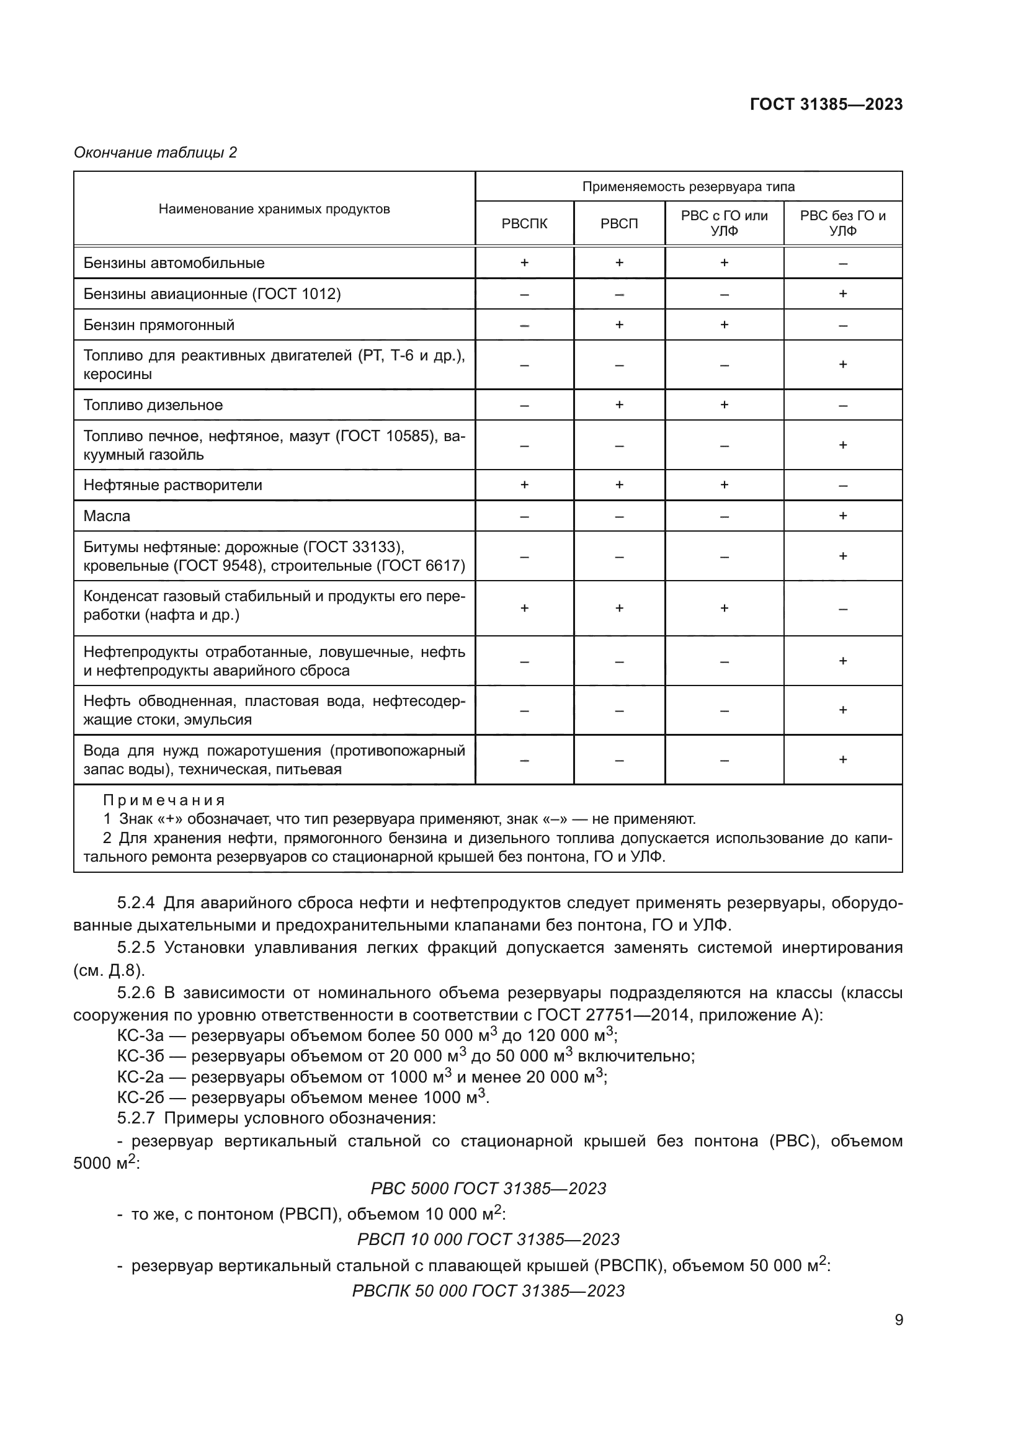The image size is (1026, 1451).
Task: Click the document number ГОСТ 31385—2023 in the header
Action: click(x=826, y=104)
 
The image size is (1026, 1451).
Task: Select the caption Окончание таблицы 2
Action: click(x=156, y=153)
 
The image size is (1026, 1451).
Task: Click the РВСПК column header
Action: click(x=524, y=224)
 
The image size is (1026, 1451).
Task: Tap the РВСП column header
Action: click(x=618, y=224)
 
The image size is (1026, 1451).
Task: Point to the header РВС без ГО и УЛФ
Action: click(x=842, y=223)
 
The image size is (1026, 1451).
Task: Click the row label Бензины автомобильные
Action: click(x=174, y=263)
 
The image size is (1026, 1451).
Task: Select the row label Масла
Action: click(x=107, y=516)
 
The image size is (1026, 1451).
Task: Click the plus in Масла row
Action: click(x=842, y=516)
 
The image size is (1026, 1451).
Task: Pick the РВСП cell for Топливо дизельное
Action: click(x=618, y=404)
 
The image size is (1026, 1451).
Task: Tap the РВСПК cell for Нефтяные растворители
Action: click(x=524, y=484)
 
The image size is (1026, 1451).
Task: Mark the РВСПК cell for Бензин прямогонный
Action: click(x=524, y=325)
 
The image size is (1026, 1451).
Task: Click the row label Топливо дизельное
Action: click(x=153, y=405)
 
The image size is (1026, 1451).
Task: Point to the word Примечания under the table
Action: click(x=164, y=800)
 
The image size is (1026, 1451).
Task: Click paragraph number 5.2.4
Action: click(x=136, y=904)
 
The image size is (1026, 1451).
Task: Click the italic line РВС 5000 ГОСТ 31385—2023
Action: click(x=488, y=1189)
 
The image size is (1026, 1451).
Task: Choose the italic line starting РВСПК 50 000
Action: click(x=488, y=1290)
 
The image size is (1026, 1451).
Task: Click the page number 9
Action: click(x=898, y=1319)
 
